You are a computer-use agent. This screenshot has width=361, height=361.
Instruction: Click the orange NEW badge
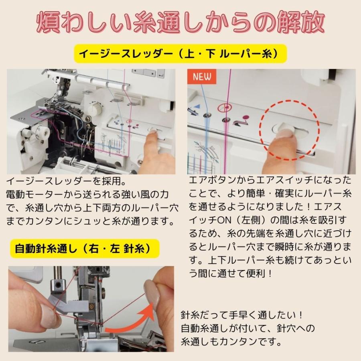coord(202,76)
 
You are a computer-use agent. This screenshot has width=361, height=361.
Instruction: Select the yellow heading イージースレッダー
coord(180,53)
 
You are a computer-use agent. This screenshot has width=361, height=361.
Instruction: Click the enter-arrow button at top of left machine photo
coord(161,73)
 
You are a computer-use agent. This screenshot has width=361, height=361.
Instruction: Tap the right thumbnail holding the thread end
coord(152,292)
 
